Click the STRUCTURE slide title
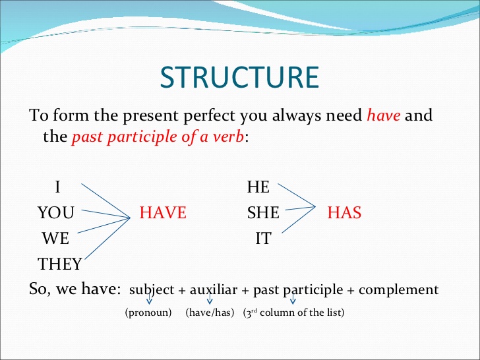[x=239, y=76]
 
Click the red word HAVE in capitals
[x=163, y=212]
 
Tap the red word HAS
[x=344, y=212]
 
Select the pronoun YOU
[x=56, y=212]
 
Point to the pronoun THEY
[x=60, y=264]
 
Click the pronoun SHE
[x=263, y=212]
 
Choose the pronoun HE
[x=258, y=187]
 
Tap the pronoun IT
[x=263, y=238]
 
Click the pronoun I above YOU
[x=58, y=187]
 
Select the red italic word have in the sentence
[x=383, y=116]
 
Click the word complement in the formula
[x=398, y=289]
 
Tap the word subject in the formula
[x=152, y=289]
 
